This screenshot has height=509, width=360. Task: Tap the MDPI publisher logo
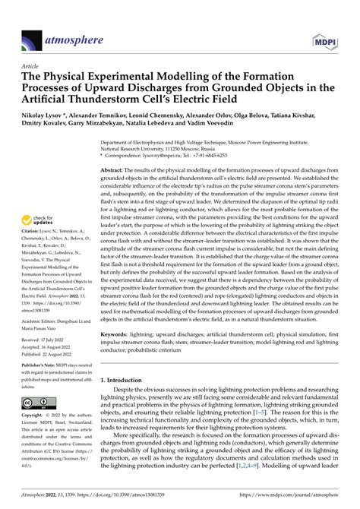(x=329, y=22)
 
